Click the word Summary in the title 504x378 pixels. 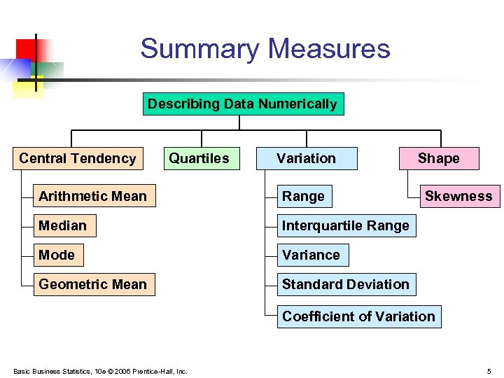pyautogui.click(x=200, y=49)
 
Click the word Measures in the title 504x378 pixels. pyautogui.click(x=329, y=49)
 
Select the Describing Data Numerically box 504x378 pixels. pyautogui.click(x=242, y=104)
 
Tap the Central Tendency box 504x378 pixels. pyautogui.click(x=78, y=158)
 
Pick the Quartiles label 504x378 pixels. pyautogui.click(x=199, y=158)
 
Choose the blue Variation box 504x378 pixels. pyautogui.click(x=306, y=158)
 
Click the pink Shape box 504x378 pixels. pyautogui.click(x=439, y=158)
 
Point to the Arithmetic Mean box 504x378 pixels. pyautogui.click(x=94, y=197)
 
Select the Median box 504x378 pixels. pyautogui.click(x=64, y=226)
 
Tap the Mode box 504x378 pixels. pyautogui.click(x=58, y=255)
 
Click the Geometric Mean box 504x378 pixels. pyautogui.click(x=94, y=285)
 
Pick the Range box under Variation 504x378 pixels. pyautogui.click(x=304, y=197)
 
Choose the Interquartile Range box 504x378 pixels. pyautogui.click(x=346, y=226)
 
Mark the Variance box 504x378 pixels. pyautogui.click(x=311, y=255)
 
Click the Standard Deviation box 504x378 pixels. pyautogui.click(x=346, y=285)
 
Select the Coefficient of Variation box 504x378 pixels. pyautogui.click(x=359, y=316)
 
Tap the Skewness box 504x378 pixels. pyautogui.click(x=458, y=197)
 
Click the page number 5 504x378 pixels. pyautogui.click(x=489, y=371)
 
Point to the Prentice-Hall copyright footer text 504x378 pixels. pyautogui.click(x=100, y=371)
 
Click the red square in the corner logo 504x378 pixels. pyautogui.click(x=27, y=48)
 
